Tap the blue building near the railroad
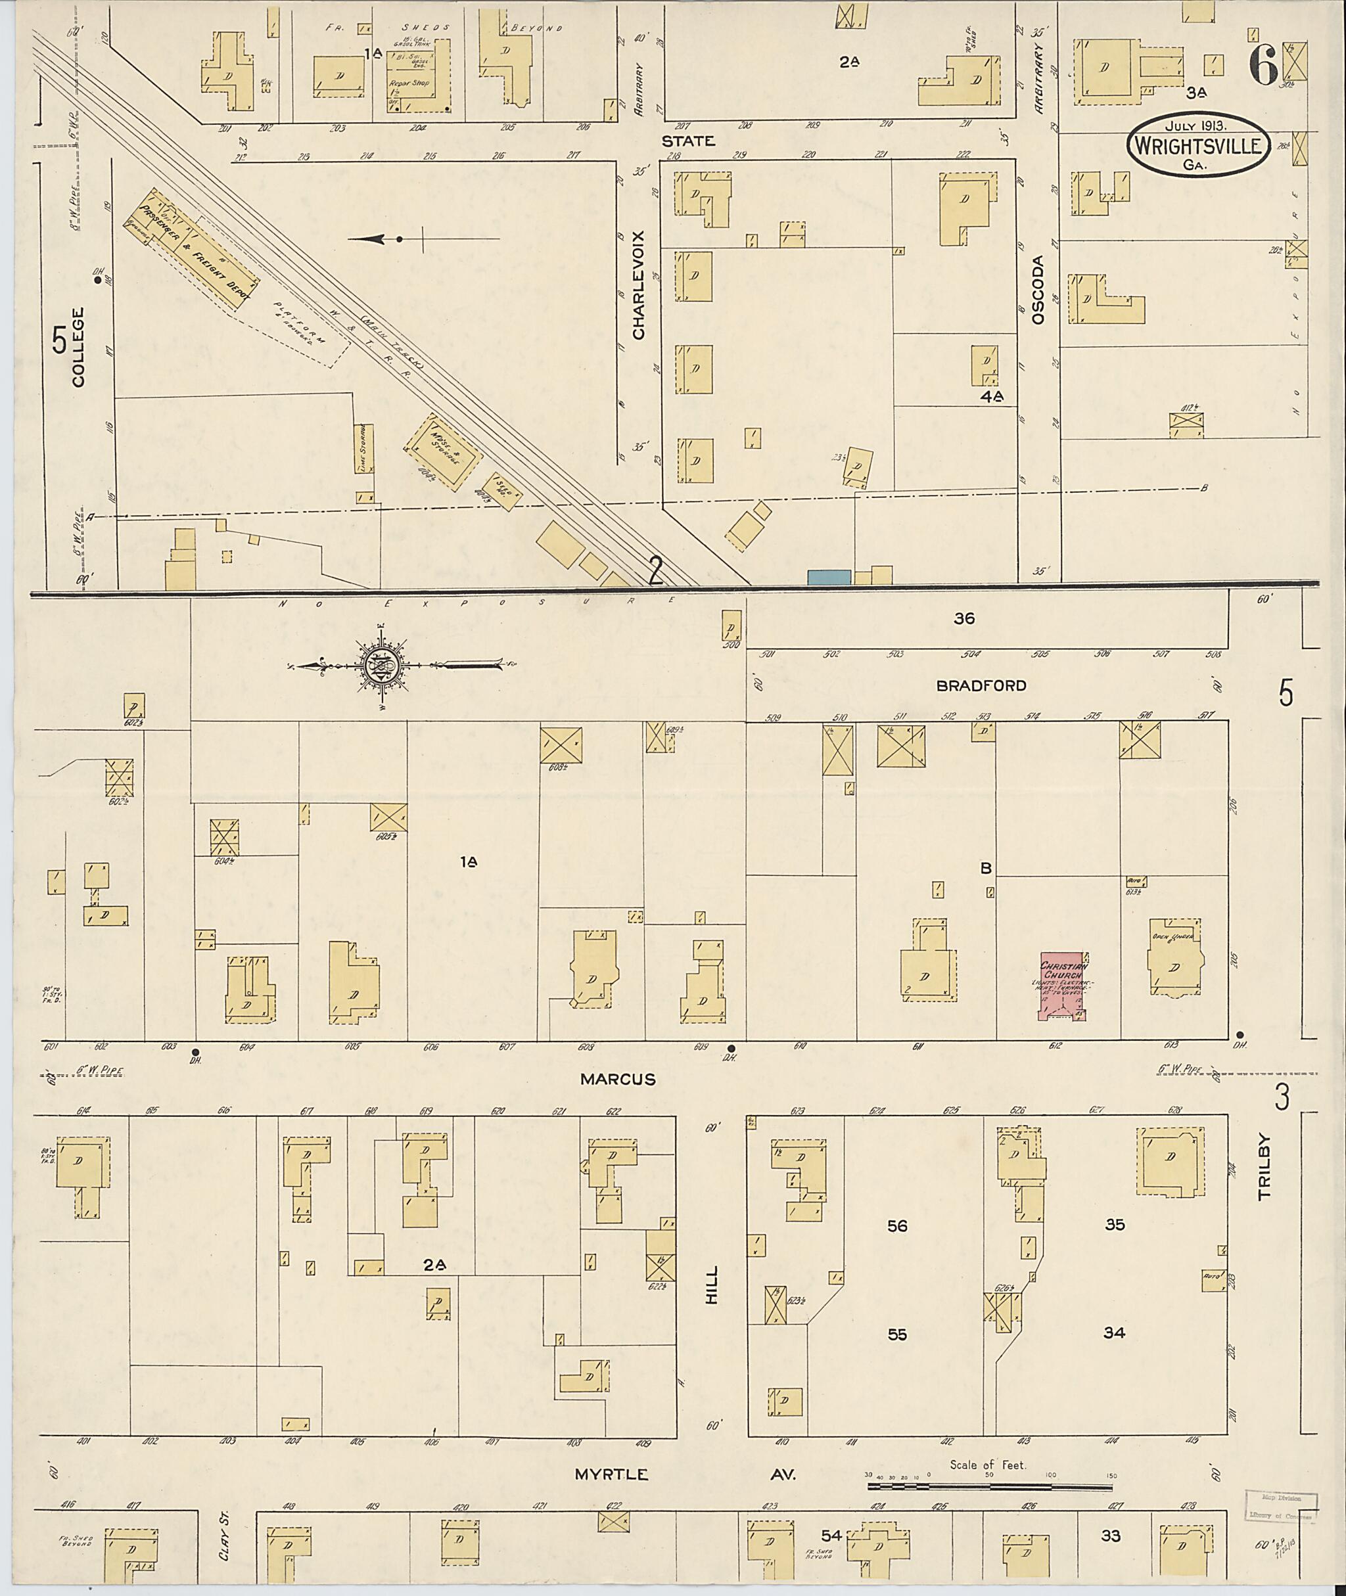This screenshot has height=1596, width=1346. click(x=829, y=577)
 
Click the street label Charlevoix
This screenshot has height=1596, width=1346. click(x=639, y=285)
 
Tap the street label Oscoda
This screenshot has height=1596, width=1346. click(x=1037, y=290)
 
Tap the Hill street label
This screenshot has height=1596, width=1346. click(x=712, y=1284)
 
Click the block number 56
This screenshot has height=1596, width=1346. click(x=897, y=1226)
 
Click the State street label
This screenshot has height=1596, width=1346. click(x=687, y=141)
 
